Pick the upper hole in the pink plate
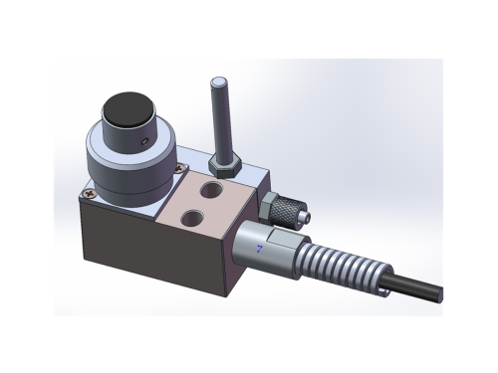[x=212, y=187]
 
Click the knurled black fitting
[x=283, y=207]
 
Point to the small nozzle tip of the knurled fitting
[x=305, y=214]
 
